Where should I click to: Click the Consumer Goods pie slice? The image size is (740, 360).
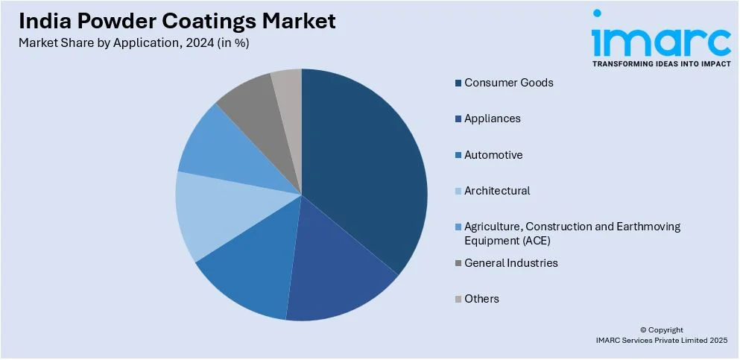(365, 164)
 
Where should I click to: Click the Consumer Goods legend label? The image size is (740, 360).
(508, 83)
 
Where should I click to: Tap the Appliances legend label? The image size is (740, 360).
(492, 119)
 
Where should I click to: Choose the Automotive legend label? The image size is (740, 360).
(493, 155)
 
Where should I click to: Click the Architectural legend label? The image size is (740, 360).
(496, 191)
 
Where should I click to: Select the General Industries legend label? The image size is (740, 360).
(510, 263)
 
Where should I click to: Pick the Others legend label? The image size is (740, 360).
(481, 299)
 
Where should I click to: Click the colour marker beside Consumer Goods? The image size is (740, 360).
(458, 83)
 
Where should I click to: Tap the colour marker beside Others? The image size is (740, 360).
(458, 299)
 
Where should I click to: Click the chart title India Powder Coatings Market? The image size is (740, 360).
(178, 20)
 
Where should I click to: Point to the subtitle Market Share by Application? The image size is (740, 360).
(134, 42)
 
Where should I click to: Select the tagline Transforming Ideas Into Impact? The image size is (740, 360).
(661, 64)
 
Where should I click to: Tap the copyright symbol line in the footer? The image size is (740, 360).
(661, 329)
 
